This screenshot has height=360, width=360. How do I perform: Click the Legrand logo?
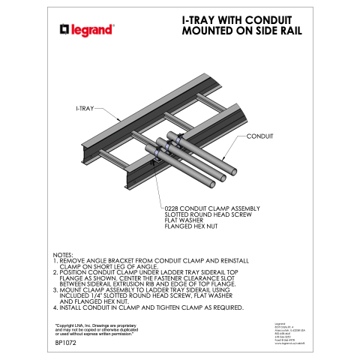tap(86, 29)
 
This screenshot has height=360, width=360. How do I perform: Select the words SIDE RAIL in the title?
tap(268, 32)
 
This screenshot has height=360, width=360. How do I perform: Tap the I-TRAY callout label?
tap(84, 109)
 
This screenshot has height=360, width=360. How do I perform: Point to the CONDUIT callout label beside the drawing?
tap(259, 136)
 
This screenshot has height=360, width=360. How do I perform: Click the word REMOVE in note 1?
tap(73, 261)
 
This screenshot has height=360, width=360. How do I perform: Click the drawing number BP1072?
tap(67, 343)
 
